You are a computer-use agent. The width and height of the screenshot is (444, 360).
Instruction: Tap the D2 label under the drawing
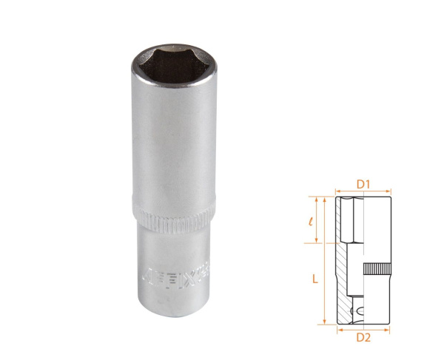pyautogui.click(x=363, y=338)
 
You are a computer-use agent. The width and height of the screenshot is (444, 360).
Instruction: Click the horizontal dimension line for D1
pyautogui.click(x=363, y=189)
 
